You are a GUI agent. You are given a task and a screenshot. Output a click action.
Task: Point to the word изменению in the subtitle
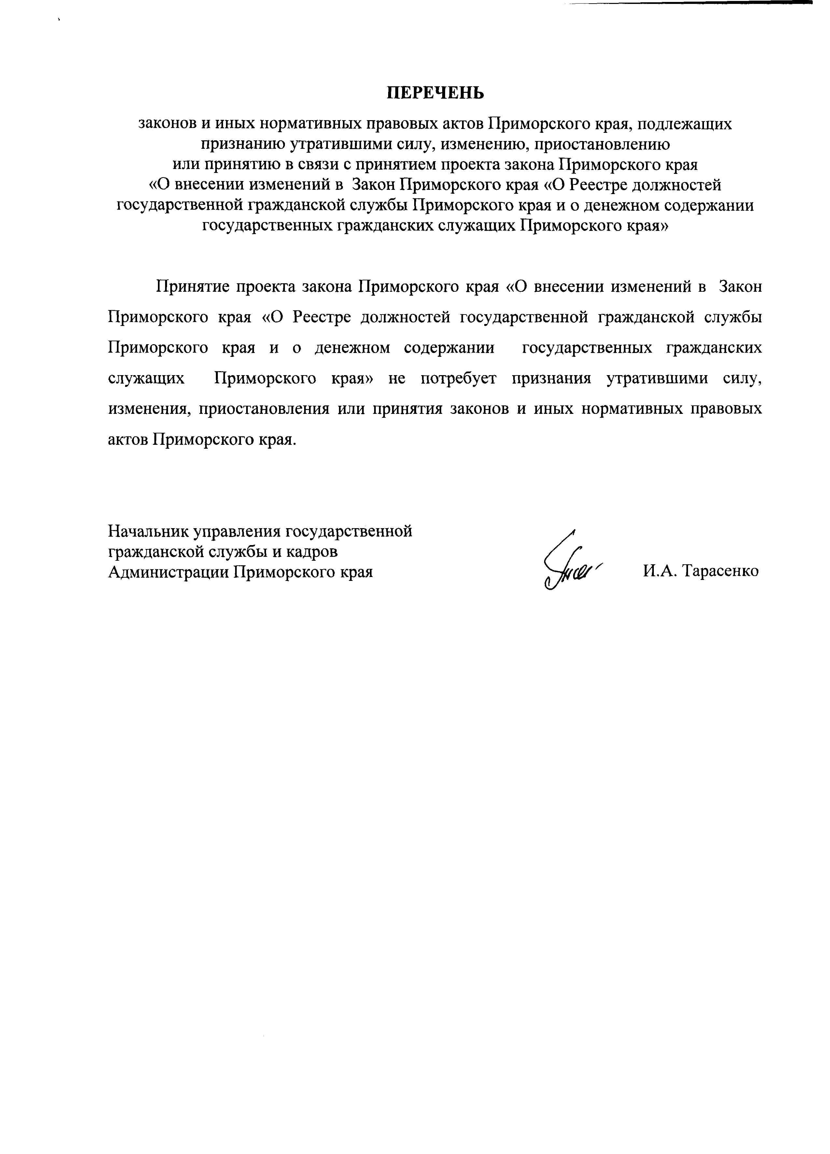pyautogui.click(x=479, y=145)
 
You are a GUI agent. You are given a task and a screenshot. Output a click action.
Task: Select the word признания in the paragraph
pyautogui.click(x=551, y=379)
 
